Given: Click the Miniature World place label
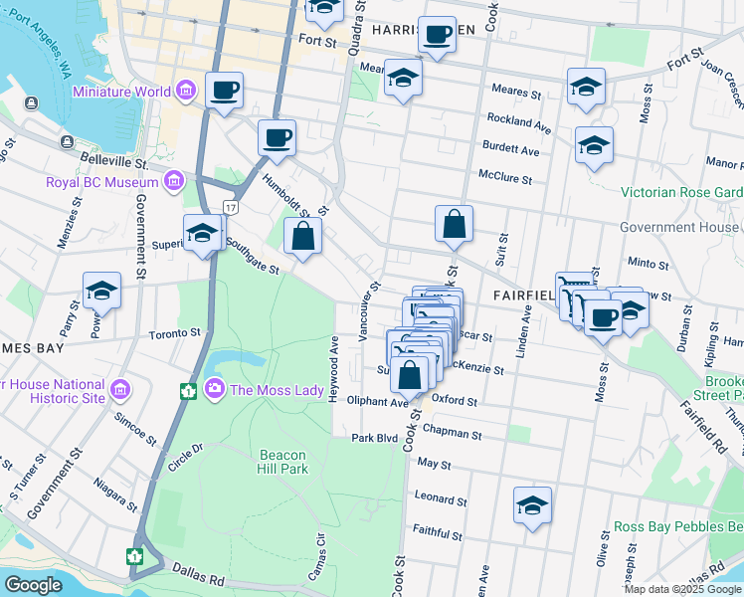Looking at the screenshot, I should [121, 93].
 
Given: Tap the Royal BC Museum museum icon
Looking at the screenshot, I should [175, 181].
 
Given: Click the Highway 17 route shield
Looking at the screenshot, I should [231, 207].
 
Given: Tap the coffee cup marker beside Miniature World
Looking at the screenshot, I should [225, 92].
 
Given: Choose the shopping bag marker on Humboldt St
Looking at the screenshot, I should [303, 237].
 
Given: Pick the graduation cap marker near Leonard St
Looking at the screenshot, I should [533, 505].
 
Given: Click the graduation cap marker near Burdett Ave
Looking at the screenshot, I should [594, 145].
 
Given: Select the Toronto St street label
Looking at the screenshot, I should [175, 334].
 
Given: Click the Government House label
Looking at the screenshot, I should [680, 227].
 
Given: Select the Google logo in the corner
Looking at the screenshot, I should [34, 585].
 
